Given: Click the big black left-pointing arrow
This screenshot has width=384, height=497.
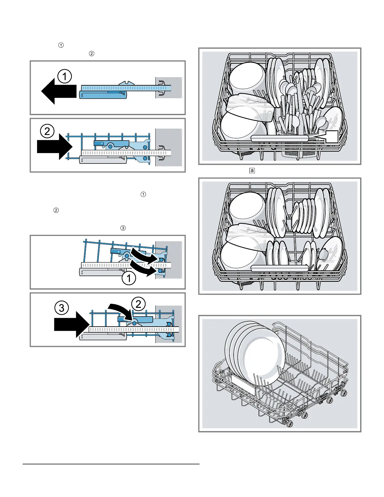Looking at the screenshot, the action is [x=59, y=91].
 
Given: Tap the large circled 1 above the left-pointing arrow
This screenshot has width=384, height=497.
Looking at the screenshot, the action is [x=65, y=76].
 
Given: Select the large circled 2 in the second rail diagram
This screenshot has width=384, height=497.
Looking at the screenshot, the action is [x=47, y=131].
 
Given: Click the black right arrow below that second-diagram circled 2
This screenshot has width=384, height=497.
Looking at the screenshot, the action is [x=55, y=147].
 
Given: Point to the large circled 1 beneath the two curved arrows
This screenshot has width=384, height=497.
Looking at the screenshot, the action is [x=129, y=278].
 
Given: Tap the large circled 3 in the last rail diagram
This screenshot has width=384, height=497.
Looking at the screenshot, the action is [x=62, y=308].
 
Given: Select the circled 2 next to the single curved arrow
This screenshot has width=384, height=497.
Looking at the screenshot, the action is [x=138, y=304].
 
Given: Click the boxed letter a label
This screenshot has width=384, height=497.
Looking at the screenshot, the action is [x=252, y=170].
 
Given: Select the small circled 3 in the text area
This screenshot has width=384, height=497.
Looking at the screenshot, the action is [x=123, y=228].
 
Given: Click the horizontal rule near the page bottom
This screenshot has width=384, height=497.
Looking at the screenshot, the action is [x=111, y=464].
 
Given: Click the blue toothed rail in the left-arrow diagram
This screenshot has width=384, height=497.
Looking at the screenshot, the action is [x=126, y=88].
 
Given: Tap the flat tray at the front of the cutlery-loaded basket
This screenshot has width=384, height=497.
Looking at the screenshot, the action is [x=280, y=138].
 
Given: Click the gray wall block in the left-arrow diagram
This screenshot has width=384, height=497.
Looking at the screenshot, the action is [x=169, y=88].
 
